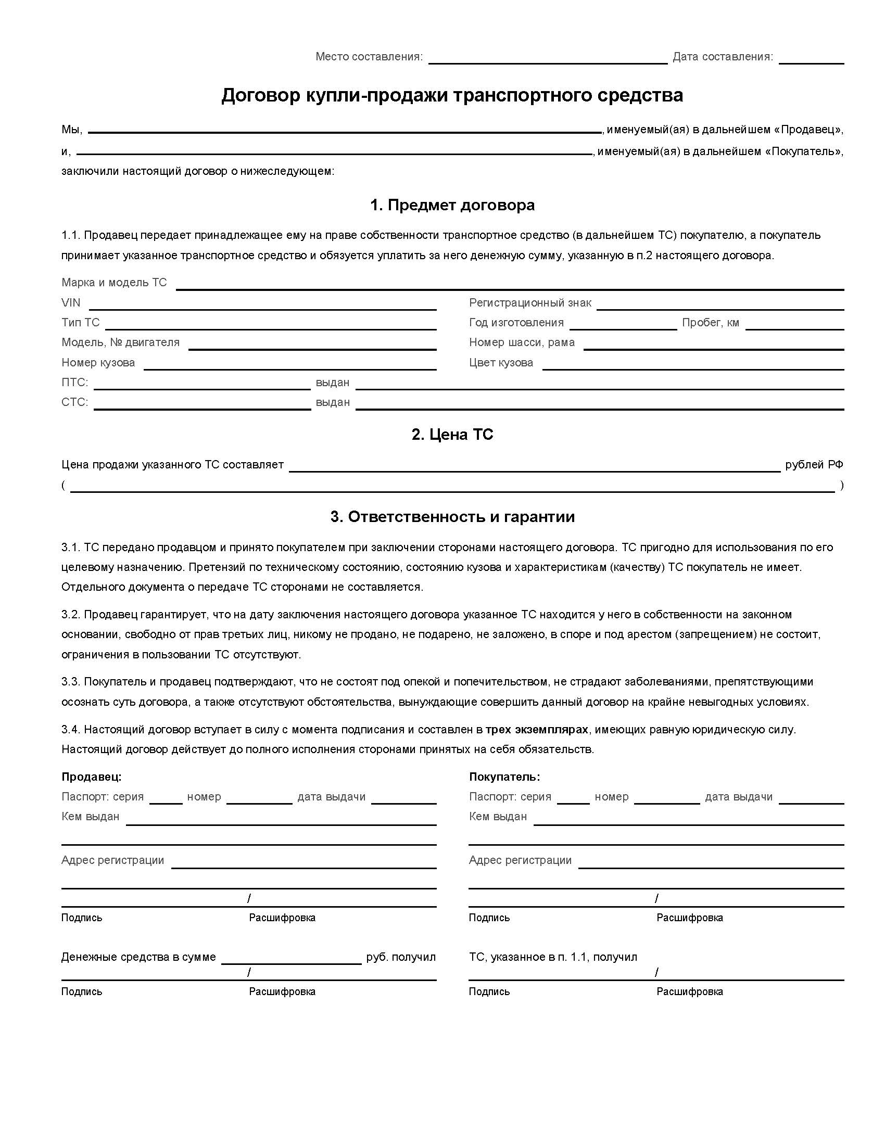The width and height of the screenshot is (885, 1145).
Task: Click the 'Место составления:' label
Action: (369, 57)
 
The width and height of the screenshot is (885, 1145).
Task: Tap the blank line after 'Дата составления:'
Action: (811, 59)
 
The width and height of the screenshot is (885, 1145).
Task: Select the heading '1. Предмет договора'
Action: (452, 205)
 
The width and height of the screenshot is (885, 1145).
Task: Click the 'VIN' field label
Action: (71, 302)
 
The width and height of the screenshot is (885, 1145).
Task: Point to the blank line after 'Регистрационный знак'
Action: (720, 304)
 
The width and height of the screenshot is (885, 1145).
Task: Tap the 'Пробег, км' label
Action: (711, 323)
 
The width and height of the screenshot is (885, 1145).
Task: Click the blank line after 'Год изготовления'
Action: (623, 325)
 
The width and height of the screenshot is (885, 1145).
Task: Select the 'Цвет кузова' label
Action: (501, 362)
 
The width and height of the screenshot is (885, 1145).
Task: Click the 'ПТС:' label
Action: (74, 382)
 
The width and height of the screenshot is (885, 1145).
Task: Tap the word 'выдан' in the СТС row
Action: (333, 402)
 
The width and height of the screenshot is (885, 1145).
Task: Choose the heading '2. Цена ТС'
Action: (452, 435)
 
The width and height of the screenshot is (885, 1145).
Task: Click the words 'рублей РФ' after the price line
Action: (814, 464)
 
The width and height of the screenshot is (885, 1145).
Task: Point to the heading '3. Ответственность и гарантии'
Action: (452, 517)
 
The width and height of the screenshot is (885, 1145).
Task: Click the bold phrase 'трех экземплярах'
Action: (537, 729)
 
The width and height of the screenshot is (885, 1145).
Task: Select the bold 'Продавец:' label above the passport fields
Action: (91, 777)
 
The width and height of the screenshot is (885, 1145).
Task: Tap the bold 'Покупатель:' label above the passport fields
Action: (504, 777)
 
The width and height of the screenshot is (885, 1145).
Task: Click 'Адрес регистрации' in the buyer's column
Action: (520, 860)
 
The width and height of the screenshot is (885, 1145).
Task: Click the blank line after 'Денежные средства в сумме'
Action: (291, 959)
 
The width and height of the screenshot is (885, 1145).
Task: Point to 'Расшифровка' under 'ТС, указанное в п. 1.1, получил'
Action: (689, 991)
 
